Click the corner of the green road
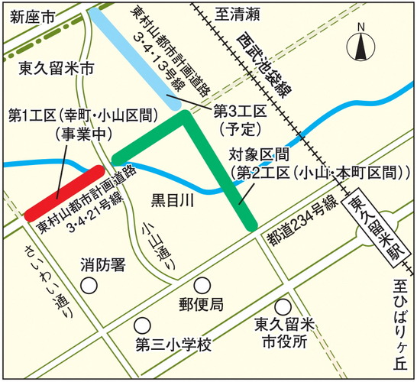184,118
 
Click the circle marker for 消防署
90,286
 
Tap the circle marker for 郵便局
202,285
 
